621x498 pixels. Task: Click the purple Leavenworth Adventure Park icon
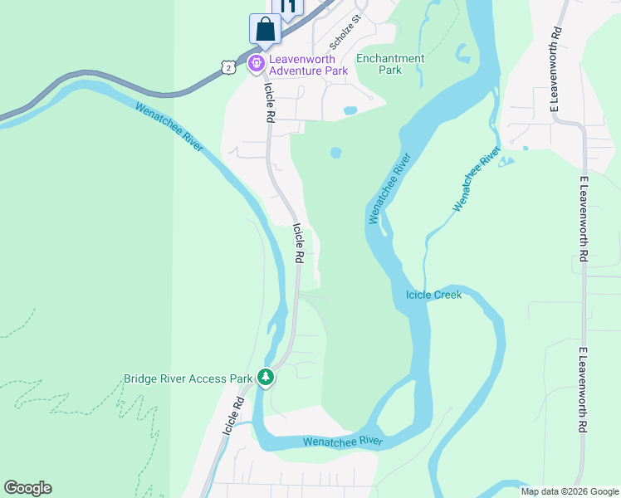(x=257, y=61)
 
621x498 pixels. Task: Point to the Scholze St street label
(x=345, y=32)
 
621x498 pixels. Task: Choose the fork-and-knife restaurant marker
(x=288, y=7)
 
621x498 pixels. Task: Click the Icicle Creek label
(x=433, y=295)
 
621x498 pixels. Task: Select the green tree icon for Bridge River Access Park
(x=265, y=378)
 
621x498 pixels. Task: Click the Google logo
(x=27, y=488)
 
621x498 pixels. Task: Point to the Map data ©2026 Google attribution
(x=570, y=491)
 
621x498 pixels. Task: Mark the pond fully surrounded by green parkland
(x=336, y=153)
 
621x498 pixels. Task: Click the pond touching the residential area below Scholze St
(x=350, y=110)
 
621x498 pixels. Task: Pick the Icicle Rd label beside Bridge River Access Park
(x=232, y=416)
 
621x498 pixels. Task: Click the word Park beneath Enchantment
(x=389, y=71)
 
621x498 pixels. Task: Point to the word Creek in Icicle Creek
(x=447, y=295)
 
